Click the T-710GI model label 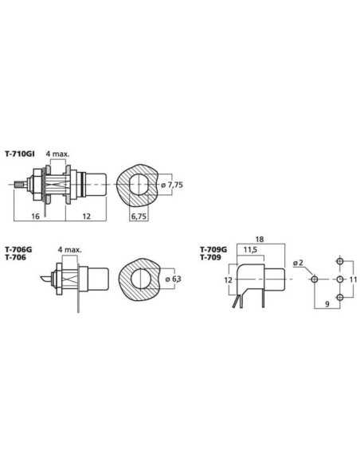(20, 154)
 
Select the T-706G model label (18, 250)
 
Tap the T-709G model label (213, 250)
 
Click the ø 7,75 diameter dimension (172, 185)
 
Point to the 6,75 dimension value (139, 217)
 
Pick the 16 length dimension (35, 217)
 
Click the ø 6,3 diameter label (173, 279)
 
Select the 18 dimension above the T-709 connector (260, 240)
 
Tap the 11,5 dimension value (250, 250)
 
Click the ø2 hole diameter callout (298, 263)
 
